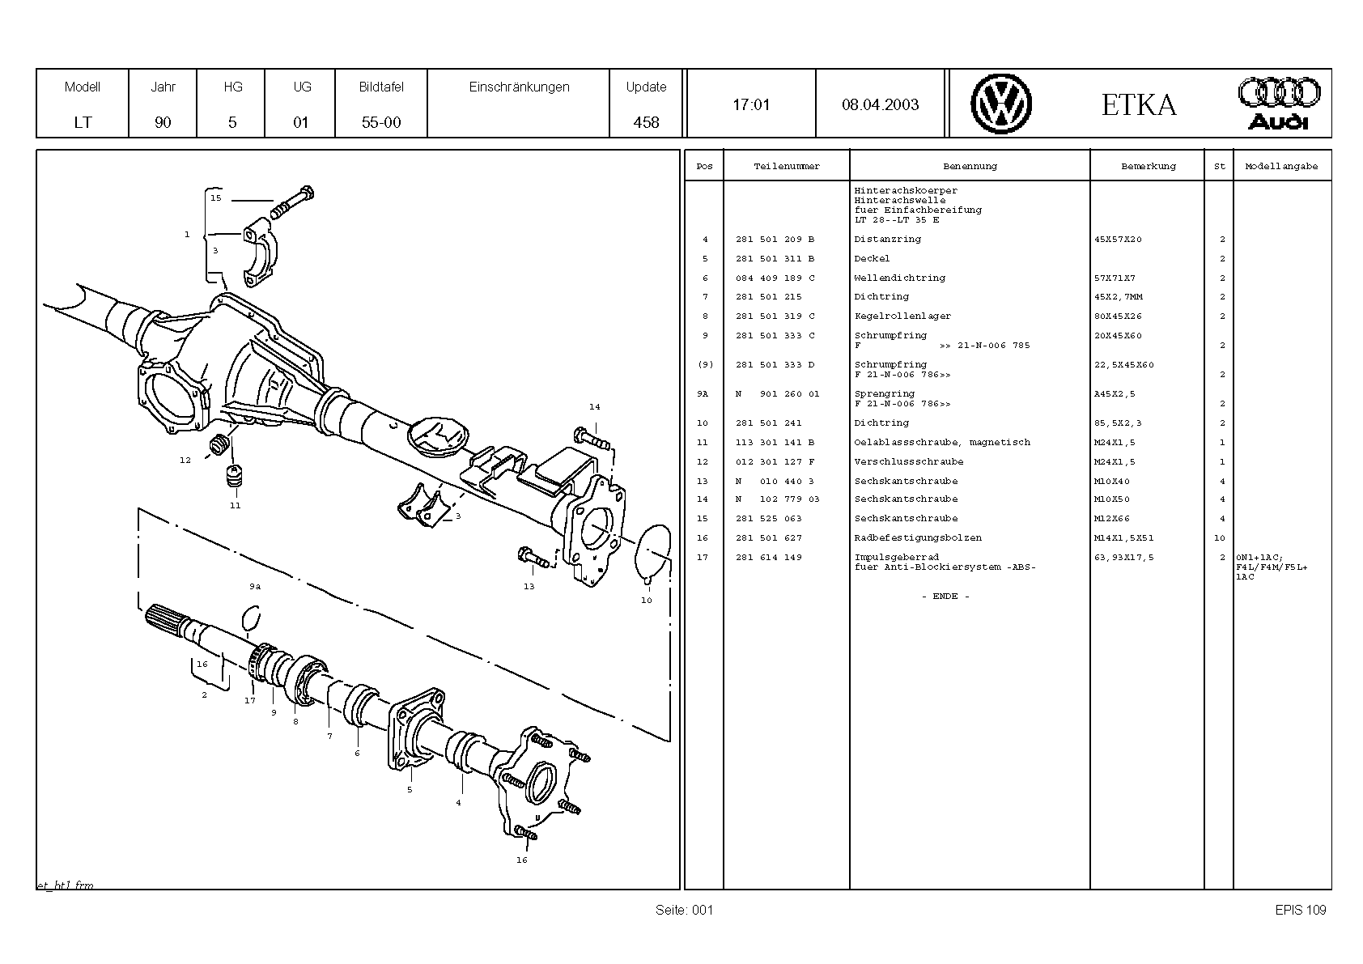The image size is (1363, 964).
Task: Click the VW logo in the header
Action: pyautogui.click(x=1001, y=104)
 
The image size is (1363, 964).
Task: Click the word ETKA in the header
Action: pyautogui.click(x=1138, y=105)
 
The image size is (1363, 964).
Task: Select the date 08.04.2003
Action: pyautogui.click(x=880, y=104)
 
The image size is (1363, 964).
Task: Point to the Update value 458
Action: pyautogui.click(x=646, y=122)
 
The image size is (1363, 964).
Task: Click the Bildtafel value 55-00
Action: pyautogui.click(x=381, y=122)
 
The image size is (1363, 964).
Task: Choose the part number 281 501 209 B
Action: pyautogui.click(x=775, y=240)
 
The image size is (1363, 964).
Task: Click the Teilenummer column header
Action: pyautogui.click(x=787, y=167)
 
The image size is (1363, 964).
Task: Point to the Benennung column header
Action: pyautogui.click(x=970, y=167)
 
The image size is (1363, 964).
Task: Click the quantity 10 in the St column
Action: pyautogui.click(x=1219, y=538)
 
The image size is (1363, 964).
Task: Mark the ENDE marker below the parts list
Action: pyautogui.click(x=945, y=597)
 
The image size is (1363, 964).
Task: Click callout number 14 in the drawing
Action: pyautogui.click(x=594, y=407)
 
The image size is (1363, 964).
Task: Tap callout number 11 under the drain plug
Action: pyautogui.click(x=235, y=505)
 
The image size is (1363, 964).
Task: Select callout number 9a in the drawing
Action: pyautogui.click(x=255, y=586)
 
